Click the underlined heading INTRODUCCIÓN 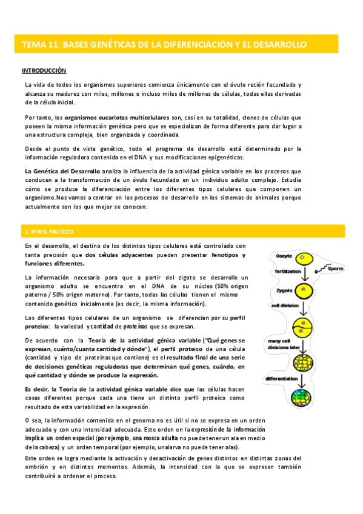click(44, 71)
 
